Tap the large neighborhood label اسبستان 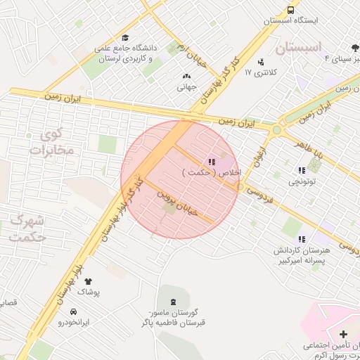point(297,48)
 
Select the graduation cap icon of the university point(125,38)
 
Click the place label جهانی point(186,88)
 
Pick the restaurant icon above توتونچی point(302,170)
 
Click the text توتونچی point(302,182)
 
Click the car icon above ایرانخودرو point(73,311)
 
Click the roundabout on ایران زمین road point(276,129)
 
